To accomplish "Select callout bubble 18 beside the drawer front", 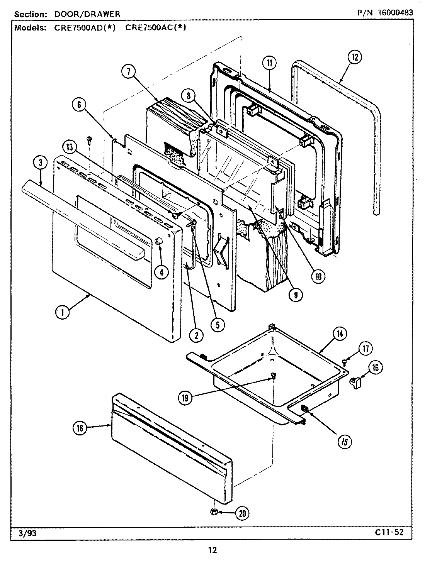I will click(80, 427).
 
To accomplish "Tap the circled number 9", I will click(296, 295).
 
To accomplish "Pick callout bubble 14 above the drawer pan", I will click(339, 334).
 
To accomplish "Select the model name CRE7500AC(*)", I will click(156, 28).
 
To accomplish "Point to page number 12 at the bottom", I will click(212, 550).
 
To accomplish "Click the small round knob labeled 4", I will click(158, 241).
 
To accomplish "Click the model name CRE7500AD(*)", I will click(83, 28).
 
